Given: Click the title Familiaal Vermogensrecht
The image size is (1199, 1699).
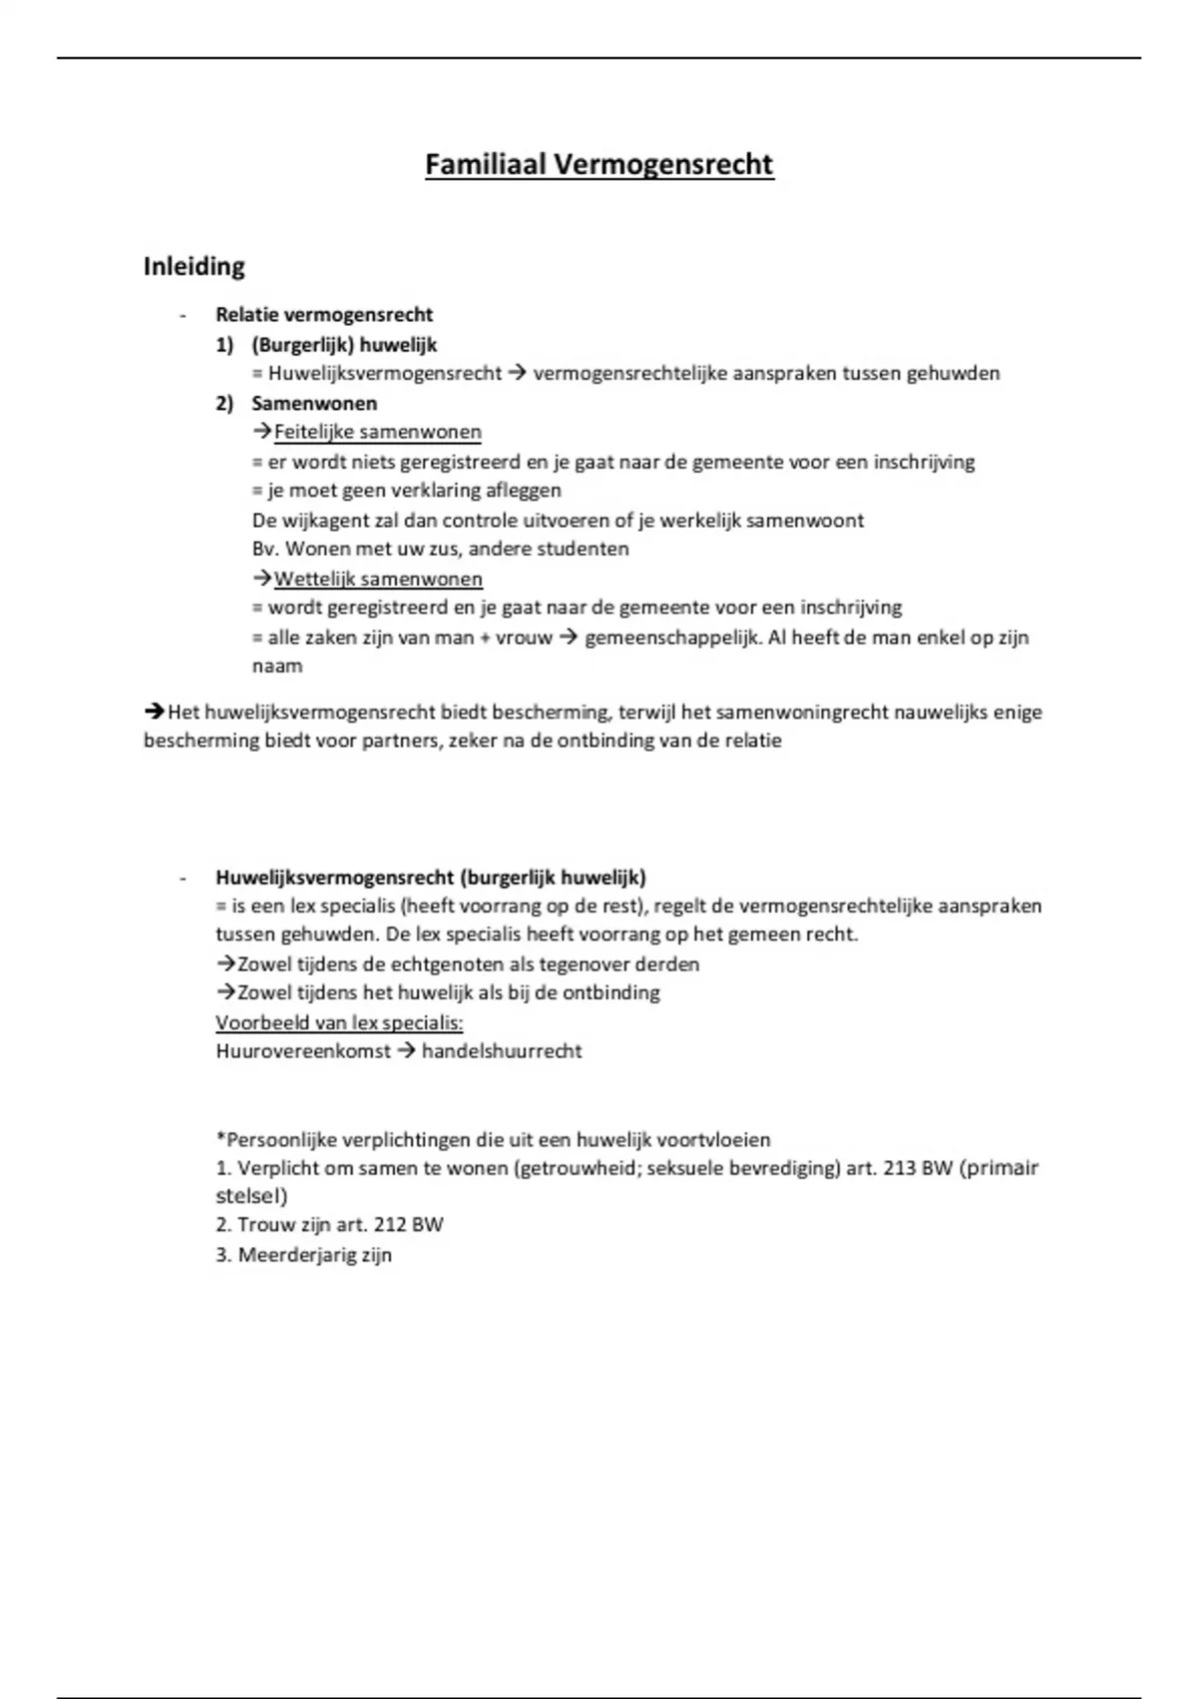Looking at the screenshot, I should point(599,164).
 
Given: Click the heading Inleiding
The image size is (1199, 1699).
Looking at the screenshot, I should point(194,267).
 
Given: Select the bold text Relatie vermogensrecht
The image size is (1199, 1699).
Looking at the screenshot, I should point(324,315).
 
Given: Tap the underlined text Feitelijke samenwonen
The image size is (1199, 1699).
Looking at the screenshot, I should point(377,432).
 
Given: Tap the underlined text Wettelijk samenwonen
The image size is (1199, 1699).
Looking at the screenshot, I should point(378,579).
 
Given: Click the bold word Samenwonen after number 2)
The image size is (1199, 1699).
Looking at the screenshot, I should point(314,403).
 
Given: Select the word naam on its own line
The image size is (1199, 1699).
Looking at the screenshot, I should point(277,666).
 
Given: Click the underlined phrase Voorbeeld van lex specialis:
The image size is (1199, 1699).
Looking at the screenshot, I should point(340,1022).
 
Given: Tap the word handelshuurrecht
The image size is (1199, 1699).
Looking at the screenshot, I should point(502,1050).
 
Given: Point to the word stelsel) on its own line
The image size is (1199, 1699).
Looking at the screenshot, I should point(251,1195).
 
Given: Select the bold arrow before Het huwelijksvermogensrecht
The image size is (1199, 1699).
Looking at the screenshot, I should point(154,712).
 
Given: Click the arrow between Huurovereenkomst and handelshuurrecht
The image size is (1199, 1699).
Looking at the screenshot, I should point(407,1050).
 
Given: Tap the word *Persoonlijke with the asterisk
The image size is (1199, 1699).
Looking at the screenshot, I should point(277,1139).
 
